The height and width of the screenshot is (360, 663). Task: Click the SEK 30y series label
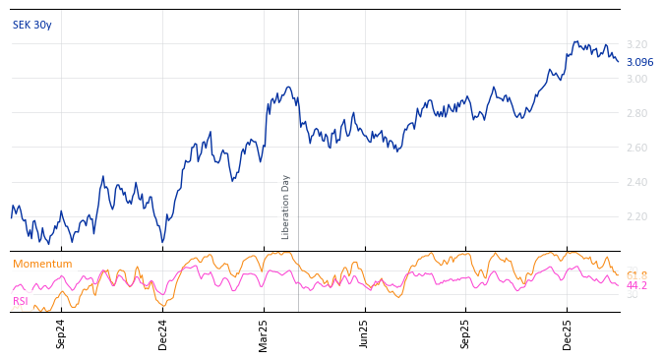pos(32,25)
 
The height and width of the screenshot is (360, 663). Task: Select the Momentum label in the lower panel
pos(42,265)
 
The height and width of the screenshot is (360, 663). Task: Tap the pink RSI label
pos(21,301)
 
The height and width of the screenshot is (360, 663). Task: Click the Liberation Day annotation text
pos(286,207)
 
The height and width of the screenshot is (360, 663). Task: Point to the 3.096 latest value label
pos(639,62)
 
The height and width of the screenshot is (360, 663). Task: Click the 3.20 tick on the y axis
pos(636,44)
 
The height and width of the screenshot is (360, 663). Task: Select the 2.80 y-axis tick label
pos(636,113)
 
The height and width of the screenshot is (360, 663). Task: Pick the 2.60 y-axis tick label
pos(636,148)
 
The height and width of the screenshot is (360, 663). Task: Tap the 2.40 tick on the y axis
pos(636,182)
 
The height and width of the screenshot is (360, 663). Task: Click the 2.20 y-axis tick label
pos(636,216)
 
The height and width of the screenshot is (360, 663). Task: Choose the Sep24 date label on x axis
pos(61,333)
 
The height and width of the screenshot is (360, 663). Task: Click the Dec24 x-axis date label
pos(163,333)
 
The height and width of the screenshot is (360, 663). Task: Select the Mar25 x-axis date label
pos(264,333)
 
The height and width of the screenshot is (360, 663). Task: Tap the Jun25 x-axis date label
pos(365,333)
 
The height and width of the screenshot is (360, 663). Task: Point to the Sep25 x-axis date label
pos(466,333)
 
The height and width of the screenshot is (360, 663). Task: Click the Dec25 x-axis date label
pos(568,333)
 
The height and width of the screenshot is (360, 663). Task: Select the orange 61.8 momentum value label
pos(636,275)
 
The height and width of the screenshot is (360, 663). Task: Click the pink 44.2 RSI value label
pos(636,286)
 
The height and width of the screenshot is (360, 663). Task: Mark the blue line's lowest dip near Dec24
pos(162,242)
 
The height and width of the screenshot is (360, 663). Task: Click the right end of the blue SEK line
pos(618,61)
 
